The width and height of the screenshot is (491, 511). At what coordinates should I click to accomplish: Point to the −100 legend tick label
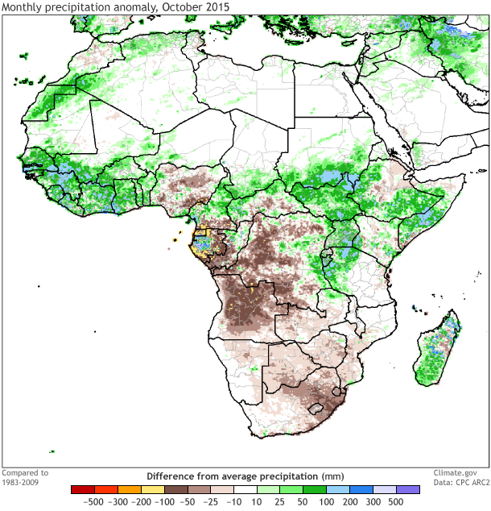pos(164,501)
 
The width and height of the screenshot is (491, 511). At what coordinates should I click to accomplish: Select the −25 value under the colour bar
pos(211,501)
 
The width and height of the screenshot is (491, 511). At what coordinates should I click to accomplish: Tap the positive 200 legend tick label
pos(350,501)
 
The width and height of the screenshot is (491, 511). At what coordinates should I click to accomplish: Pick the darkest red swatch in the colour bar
pos(83,489)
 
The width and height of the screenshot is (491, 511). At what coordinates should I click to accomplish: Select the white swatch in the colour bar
pos(245,489)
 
